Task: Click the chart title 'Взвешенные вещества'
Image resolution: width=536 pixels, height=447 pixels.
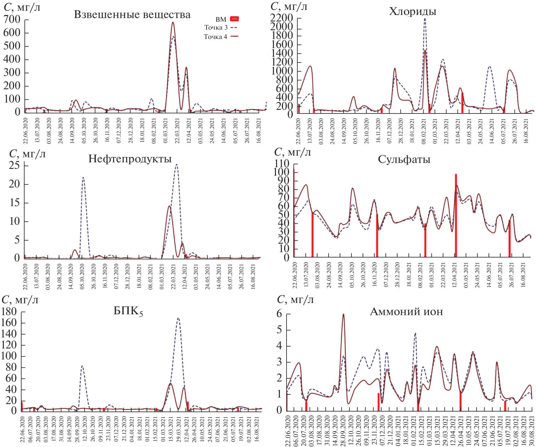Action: [x=132, y=15]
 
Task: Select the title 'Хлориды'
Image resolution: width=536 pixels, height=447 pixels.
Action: [x=413, y=12]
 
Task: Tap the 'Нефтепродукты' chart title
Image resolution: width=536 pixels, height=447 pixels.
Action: [x=130, y=159]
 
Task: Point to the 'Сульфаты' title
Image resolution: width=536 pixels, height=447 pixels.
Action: [x=404, y=160]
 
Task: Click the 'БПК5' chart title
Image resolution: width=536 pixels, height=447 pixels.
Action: [x=128, y=311]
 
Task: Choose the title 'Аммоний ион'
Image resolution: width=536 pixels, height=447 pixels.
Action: [x=406, y=312]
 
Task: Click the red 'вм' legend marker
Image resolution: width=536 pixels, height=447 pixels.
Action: [x=234, y=19]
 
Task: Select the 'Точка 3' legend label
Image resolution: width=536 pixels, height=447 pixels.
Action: [x=216, y=28]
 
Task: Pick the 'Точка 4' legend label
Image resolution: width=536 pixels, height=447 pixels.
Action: [x=216, y=37]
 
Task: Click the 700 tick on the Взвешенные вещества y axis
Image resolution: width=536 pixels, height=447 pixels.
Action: [x=12, y=19]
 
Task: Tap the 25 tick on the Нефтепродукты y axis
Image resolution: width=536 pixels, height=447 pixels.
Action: [x=14, y=165]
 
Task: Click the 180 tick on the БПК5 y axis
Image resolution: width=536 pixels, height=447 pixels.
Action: [x=9, y=312]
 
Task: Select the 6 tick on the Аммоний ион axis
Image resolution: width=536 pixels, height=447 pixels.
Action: [x=279, y=314]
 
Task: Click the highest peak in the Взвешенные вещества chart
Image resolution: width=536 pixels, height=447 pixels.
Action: [x=173, y=23]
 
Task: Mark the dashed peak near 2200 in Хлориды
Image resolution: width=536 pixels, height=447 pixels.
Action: [x=425, y=19]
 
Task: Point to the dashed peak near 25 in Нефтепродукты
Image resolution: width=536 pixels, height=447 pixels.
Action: [x=177, y=165]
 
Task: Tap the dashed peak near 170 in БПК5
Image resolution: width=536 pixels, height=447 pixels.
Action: [x=178, y=318]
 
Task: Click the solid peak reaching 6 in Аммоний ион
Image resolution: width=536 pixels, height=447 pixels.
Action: [x=343, y=314]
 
